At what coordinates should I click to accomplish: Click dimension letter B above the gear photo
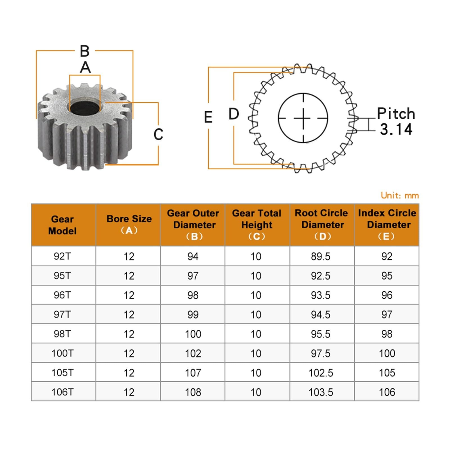(85, 51)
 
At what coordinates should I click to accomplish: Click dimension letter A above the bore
(85, 67)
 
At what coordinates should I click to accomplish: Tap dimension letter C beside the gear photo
(158, 134)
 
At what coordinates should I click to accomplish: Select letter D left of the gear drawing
(234, 114)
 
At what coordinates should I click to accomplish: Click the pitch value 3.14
(396, 129)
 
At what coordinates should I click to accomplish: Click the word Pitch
(396, 114)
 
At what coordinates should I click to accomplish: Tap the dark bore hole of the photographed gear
(84, 108)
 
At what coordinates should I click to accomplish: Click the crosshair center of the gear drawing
(303, 118)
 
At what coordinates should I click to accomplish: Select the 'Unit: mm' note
(400, 195)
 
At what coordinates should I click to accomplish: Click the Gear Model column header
(62, 225)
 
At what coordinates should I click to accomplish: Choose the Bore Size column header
(129, 224)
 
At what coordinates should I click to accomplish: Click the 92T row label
(62, 256)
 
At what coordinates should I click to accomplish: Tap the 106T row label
(62, 392)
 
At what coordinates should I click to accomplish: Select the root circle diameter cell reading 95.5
(321, 334)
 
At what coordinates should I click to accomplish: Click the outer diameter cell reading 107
(193, 373)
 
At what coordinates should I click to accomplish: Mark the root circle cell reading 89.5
(321, 256)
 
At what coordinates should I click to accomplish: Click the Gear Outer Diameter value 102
(193, 353)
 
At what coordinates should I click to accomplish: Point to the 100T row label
(62, 353)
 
